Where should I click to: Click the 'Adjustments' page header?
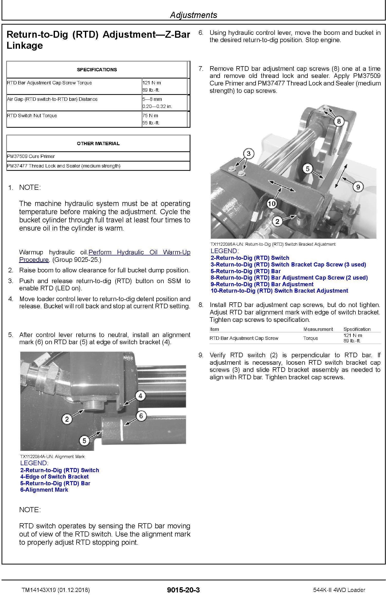[x=194, y=15]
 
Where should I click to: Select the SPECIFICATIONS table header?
[x=97, y=70]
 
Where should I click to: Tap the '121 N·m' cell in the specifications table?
[x=152, y=83]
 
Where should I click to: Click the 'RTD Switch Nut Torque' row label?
[x=32, y=116]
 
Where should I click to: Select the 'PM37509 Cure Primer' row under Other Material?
[x=31, y=156]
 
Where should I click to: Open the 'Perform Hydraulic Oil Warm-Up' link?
[x=139, y=252]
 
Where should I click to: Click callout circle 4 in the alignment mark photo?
[x=140, y=396]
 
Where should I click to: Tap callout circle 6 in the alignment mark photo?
[x=141, y=416]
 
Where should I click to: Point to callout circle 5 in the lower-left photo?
[x=84, y=441]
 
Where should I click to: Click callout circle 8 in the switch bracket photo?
[x=339, y=121]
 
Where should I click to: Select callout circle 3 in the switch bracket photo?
[x=248, y=154]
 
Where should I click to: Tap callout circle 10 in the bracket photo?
[x=272, y=204]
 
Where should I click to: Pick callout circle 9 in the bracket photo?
[x=358, y=186]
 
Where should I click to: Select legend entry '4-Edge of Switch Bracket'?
[x=54, y=477]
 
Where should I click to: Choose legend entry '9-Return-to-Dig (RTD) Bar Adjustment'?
[x=262, y=284]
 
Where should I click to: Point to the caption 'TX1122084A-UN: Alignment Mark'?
[x=52, y=457]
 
